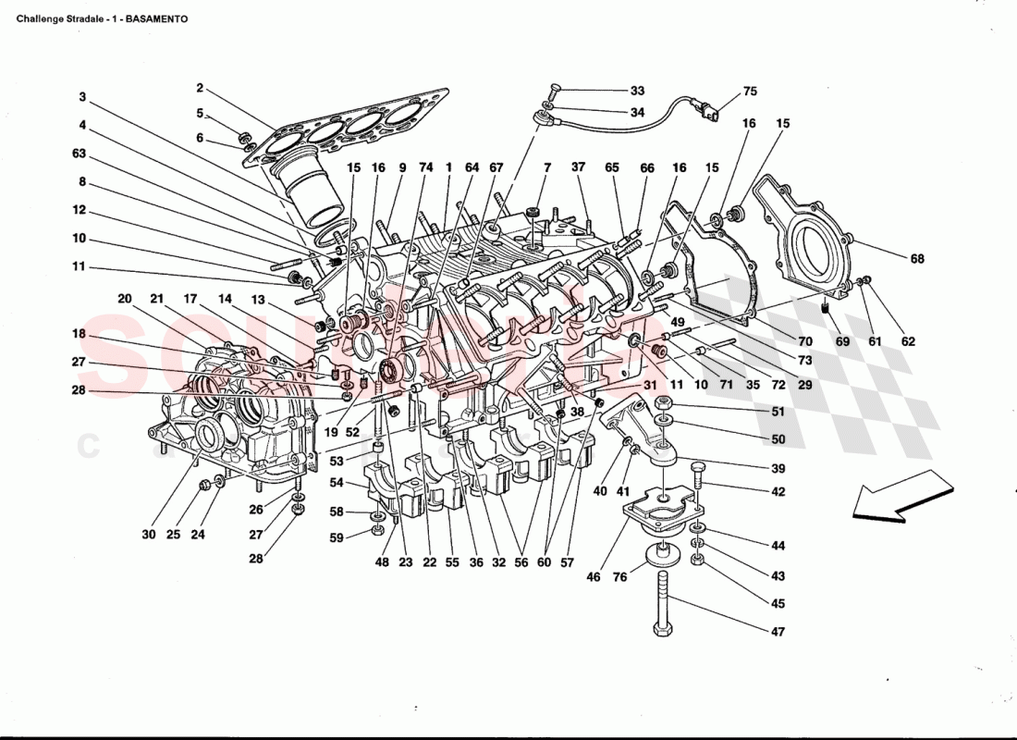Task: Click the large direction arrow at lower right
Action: [x=901, y=498]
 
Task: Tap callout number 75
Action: [x=749, y=92]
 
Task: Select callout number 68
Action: [x=916, y=259]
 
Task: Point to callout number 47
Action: [x=778, y=632]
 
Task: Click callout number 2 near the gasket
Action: [x=199, y=89]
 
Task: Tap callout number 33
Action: [x=638, y=91]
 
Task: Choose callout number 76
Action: [x=619, y=577]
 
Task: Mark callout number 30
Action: [x=149, y=534]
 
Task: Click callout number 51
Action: [x=778, y=412]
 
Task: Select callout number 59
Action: [x=337, y=537]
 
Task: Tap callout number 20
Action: [x=125, y=299]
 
